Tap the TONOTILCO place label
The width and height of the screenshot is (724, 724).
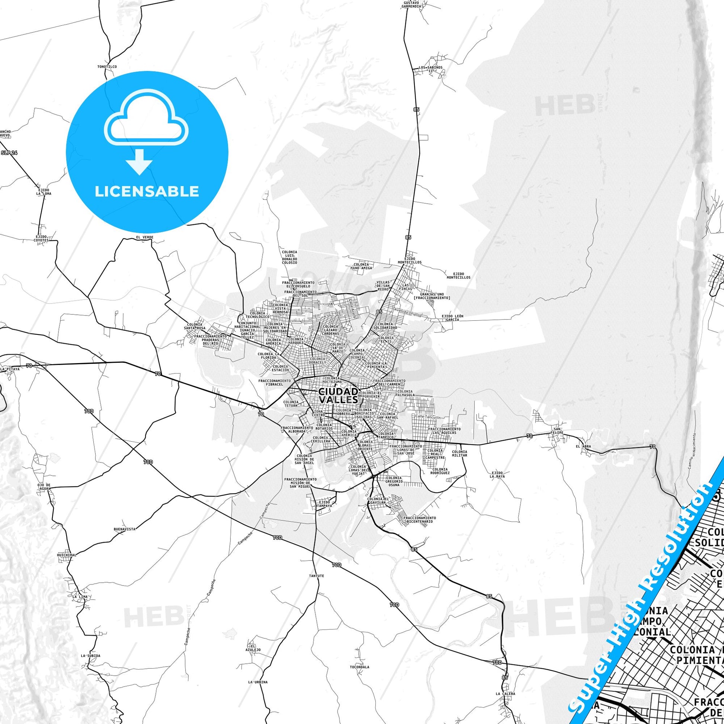107,67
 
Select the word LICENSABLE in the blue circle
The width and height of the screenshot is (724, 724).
147,192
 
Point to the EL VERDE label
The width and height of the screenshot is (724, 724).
145,237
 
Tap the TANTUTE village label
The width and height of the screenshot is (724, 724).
317,576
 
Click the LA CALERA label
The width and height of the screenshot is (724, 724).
505,693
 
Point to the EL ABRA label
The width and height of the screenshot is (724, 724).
583,446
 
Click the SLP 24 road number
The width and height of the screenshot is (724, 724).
9,153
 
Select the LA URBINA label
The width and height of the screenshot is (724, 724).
258,682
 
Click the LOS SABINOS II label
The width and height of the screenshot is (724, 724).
430,69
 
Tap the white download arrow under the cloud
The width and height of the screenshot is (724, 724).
139,161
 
